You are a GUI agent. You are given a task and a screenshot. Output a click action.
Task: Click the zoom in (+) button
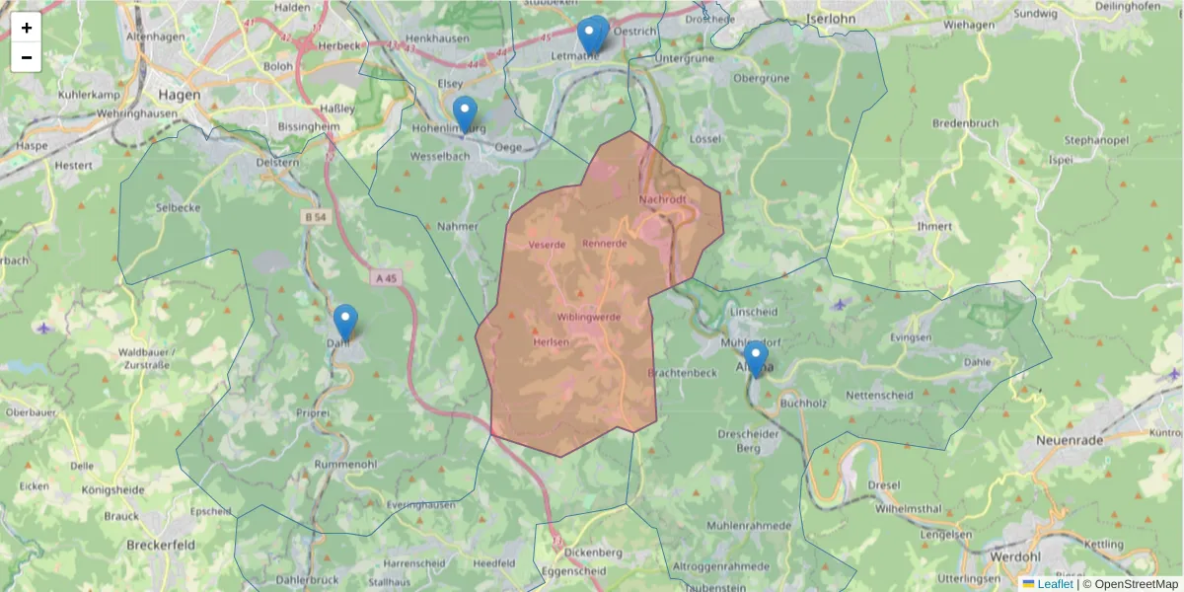[x=27, y=28]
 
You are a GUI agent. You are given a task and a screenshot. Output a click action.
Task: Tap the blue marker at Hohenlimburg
[x=465, y=113]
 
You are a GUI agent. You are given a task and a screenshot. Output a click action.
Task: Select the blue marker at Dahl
[x=345, y=322]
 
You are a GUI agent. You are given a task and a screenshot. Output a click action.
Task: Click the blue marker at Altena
[x=756, y=358]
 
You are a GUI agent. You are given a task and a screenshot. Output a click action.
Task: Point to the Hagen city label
[x=179, y=95]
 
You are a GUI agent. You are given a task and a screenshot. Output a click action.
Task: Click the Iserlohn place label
[x=831, y=18]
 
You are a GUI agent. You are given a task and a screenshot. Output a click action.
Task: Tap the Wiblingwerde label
[x=588, y=317]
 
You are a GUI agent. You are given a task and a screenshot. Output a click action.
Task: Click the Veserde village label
[x=547, y=244]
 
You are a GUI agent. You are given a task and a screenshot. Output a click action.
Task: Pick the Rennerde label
[x=605, y=243]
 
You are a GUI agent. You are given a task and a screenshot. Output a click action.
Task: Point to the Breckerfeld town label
[x=161, y=544]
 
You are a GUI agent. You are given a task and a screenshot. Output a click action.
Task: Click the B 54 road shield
[x=315, y=217]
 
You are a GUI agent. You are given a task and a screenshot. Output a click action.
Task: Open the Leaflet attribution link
[x=1055, y=584]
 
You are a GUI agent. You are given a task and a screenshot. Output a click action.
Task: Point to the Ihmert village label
[x=933, y=226]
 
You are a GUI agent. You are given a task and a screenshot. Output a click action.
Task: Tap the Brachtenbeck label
[x=682, y=372]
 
